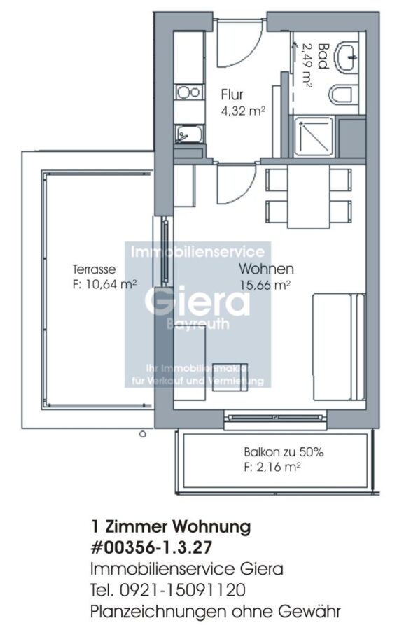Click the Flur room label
pyautogui.click(x=232, y=94)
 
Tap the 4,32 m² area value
pyautogui.click(x=243, y=111)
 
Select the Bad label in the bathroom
pyautogui.click(x=323, y=56)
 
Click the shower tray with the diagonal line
pyautogui.click(x=314, y=136)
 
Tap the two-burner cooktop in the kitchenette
pyautogui.click(x=188, y=92)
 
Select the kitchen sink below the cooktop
pyautogui.click(x=188, y=134)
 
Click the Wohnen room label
pyautogui.click(x=266, y=268)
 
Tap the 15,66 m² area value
pyautogui.click(x=265, y=286)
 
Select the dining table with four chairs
pyautogui.click(x=308, y=196)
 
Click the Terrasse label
pyautogui.click(x=94, y=269)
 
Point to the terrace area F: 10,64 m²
pyautogui.click(x=104, y=284)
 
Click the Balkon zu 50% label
pyautogui.click(x=284, y=452)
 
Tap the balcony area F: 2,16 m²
pyautogui.click(x=272, y=468)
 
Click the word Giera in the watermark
pyautogui.click(x=197, y=301)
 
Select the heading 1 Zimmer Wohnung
pyautogui.click(x=171, y=526)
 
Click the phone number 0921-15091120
pyautogui.click(x=183, y=590)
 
